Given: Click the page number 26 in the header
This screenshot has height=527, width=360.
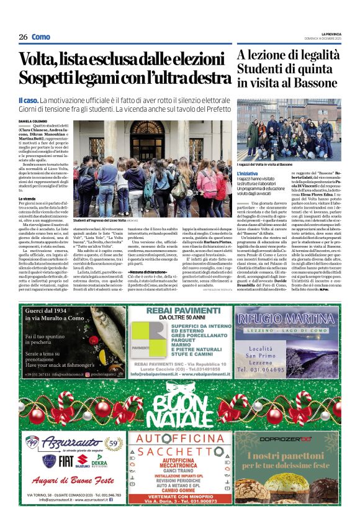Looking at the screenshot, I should pyautogui.click(x=23, y=37).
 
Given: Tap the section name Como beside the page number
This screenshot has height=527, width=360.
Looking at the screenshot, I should pyautogui.click(x=41, y=37).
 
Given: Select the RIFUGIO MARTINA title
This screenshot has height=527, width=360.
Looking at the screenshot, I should pyautogui.click(x=286, y=318).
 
